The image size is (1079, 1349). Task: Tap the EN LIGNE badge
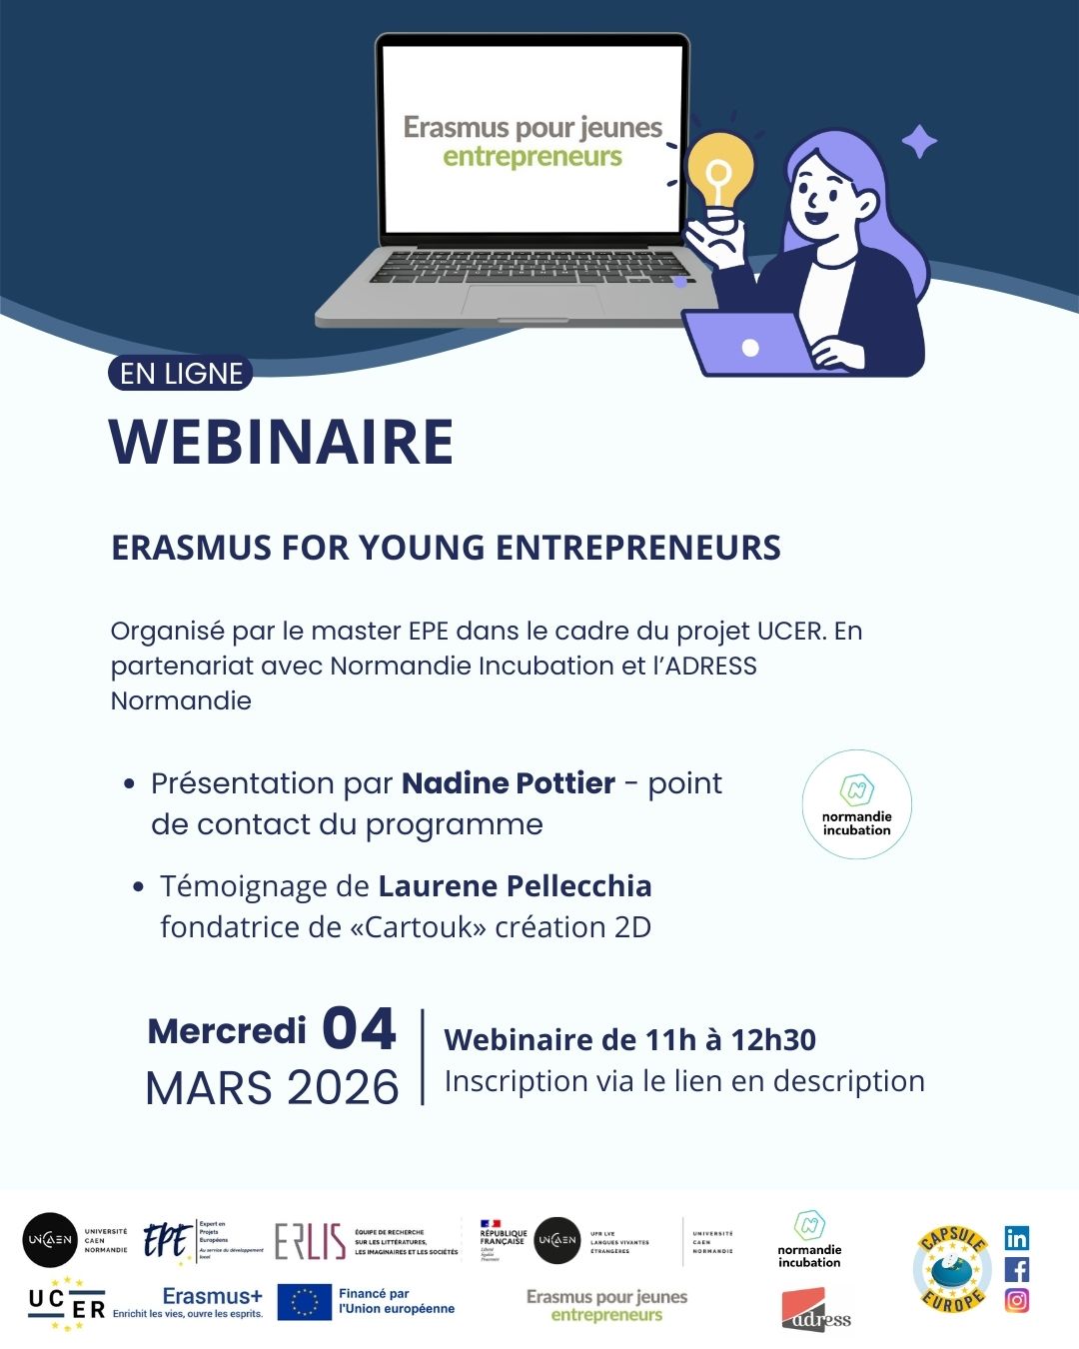pos(181,374)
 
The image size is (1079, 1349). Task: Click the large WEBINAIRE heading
pos(282,441)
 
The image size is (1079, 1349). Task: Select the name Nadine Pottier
pos(508,782)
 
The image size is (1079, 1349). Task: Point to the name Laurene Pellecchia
pos(515,885)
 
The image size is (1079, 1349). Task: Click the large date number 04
pos(360,1028)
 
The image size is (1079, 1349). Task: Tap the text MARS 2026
pos(272,1087)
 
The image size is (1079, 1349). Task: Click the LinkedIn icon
pos(1016,1238)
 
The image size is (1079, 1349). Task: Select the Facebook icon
pos(1016,1269)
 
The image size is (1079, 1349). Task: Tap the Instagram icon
pos(1016,1300)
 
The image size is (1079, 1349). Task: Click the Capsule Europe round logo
pos(952,1269)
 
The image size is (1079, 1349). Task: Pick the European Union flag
pos(304,1302)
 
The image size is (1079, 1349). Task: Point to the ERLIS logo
pos(311,1241)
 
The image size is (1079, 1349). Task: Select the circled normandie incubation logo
pos(856,804)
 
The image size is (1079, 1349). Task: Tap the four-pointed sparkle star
pos(919,142)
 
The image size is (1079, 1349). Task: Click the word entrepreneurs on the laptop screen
pos(533,157)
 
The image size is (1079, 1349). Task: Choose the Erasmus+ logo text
pos(212,1296)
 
